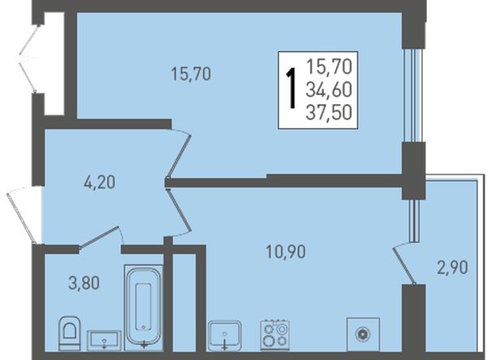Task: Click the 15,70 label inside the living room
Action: coord(191,74)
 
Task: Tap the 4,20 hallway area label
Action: coord(99,182)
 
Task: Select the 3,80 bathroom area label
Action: coord(84,284)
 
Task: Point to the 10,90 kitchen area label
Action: coord(286,252)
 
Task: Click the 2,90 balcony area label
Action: coord(452,267)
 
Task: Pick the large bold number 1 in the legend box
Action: coord(291,89)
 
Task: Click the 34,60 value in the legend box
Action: coord(329,90)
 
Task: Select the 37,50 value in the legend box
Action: coord(329,112)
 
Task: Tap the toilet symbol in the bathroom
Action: coord(69,333)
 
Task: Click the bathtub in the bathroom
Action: coord(144,307)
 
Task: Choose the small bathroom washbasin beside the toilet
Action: coord(104,340)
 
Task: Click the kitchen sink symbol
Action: coord(224,335)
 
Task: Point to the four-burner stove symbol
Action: coord(275,335)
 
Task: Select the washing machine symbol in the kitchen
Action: coord(364,334)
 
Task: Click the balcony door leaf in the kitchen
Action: coord(404,265)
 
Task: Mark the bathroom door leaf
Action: coord(99,237)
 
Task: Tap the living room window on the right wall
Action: coord(413,95)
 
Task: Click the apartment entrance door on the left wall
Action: coord(21,215)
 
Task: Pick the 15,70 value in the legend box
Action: coord(329,67)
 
